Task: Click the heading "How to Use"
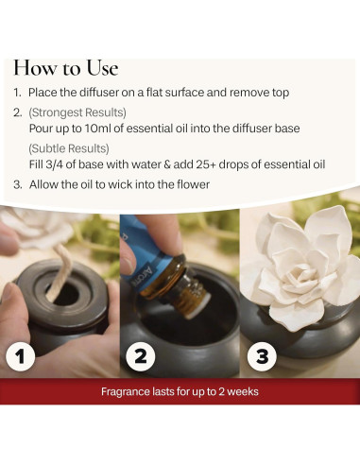click(66, 68)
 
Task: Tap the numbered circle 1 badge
click(21, 356)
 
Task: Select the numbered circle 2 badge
click(140, 356)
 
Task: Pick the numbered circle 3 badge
click(262, 356)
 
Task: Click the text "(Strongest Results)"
click(77, 112)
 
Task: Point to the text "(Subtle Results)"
click(69, 148)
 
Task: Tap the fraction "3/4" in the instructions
click(54, 164)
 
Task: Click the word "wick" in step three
click(117, 184)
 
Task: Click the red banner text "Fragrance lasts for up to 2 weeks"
click(180, 391)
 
